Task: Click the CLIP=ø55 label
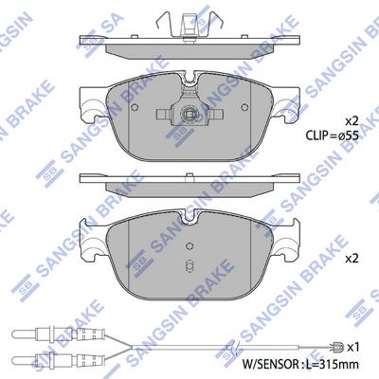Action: pyautogui.click(x=332, y=135)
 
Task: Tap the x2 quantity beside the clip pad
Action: pyautogui.click(x=352, y=120)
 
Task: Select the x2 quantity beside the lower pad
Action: pyautogui.click(x=352, y=259)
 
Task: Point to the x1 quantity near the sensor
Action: pyautogui.click(x=352, y=348)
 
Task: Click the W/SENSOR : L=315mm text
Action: pyautogui.click(x=300, y=364)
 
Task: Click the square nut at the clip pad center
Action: pyautogui.click(x=189, y=113)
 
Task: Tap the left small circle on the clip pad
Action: pyautogui.click(x=135, y=107)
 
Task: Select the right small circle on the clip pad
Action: pyautogui.click(x=244, y=107)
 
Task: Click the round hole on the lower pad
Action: pyautogui.click(x=189, y=246)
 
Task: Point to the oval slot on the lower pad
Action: pyautogui.click(x=189, y=263)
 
